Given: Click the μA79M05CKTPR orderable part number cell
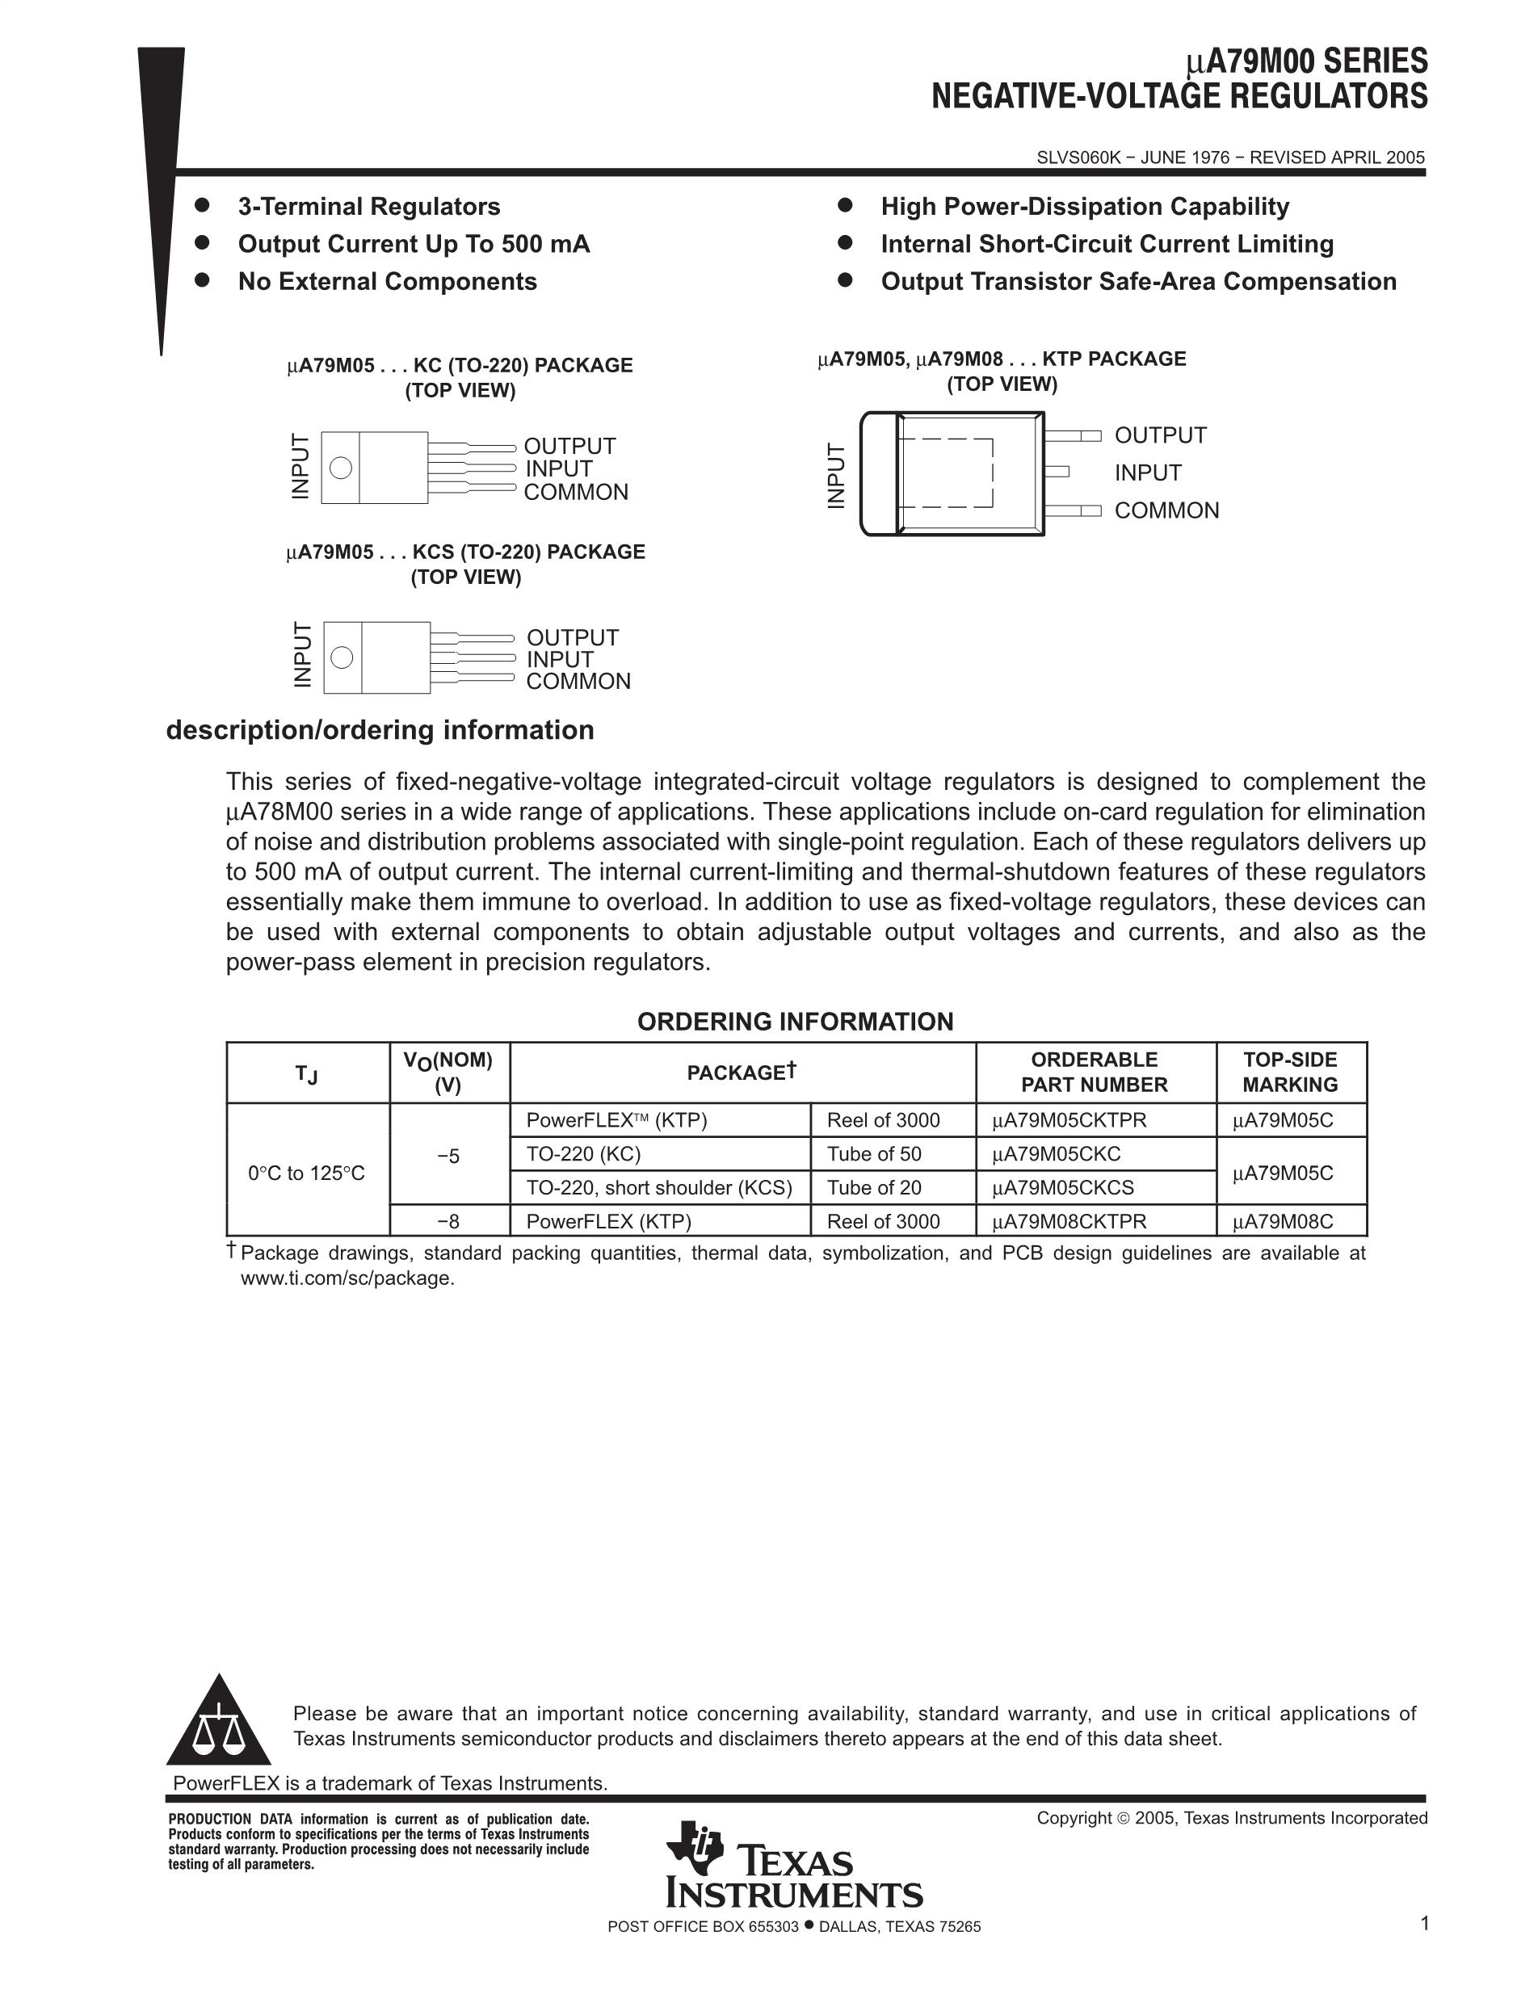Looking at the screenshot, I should (x=1069, y=1121).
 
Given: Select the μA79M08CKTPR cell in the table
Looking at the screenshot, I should (x=1069, y=1222).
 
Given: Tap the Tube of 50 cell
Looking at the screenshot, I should (x=874, y=1154).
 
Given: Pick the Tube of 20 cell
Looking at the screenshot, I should (x=874, y=1188).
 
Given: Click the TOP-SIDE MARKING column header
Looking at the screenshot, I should (x=1289, y=1073).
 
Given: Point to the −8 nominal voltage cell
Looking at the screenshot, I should (x=448, y=1222).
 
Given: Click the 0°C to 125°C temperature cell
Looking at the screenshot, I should (x=306, y=1173).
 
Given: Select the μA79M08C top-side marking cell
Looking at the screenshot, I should (x=1282, y=1222).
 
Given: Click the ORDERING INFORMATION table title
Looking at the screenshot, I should (x=795, y=1022).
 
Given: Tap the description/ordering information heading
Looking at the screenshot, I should (x=380, y=731).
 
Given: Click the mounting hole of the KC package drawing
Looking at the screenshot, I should (x=341, y=468).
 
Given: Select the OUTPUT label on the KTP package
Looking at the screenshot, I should (x=1160, y=435).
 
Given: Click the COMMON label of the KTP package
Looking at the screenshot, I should (x=1166, y=511).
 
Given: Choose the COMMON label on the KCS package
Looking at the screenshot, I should (x=578, y=682).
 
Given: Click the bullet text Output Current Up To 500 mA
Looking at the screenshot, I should (x=414, y=244).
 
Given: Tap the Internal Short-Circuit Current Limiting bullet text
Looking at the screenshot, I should (x=1106, y=244).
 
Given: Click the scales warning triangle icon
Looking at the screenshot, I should (x=219, y=1722).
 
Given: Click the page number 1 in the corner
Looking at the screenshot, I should (x=1424, y=1924).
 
